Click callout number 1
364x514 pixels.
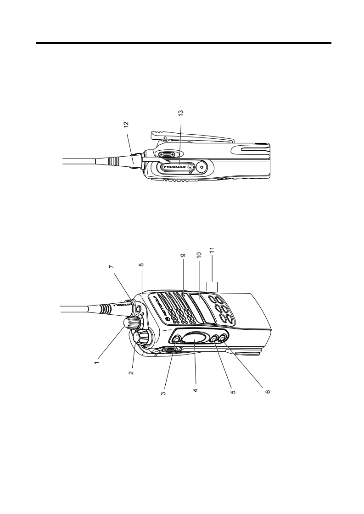[96, 363]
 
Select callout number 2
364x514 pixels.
[131, 373]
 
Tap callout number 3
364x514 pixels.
[163, 393]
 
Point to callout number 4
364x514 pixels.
[195, 390]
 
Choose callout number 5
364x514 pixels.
[233, 391]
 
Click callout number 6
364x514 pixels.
[268, 391]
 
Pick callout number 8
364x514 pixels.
[141, 264]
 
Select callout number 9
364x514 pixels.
[183, 255]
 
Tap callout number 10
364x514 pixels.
[199, 255]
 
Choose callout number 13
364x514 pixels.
[180, 112]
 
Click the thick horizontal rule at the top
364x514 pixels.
[184, 43]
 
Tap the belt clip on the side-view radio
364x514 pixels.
[192, 137]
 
